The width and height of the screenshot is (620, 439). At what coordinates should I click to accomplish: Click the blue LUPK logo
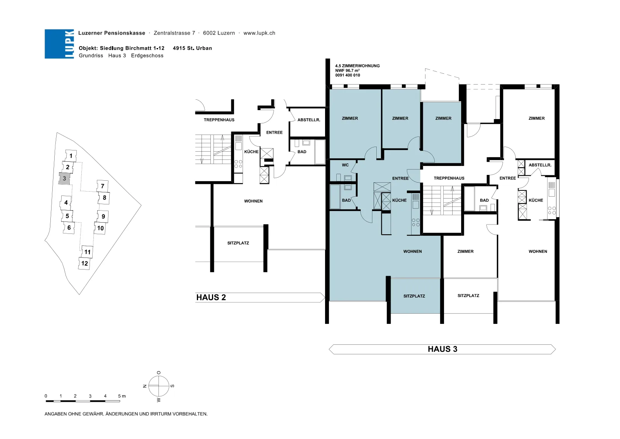[59, 44]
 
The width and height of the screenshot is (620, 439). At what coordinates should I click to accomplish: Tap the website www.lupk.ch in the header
[259, 33]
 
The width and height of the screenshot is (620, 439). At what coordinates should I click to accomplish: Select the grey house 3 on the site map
[64, 178]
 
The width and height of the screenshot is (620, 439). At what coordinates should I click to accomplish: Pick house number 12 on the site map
[84, 263]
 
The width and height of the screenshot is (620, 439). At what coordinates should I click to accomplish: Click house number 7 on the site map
[102, 186]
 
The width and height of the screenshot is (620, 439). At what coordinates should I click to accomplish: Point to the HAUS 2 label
[211, 297]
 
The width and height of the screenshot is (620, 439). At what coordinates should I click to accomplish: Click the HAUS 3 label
[442, 349]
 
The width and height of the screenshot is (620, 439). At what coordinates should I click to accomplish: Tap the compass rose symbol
[158, 386]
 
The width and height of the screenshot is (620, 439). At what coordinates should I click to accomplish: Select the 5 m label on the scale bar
[122, 396]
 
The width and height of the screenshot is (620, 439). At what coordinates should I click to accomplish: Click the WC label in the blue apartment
[345, 165]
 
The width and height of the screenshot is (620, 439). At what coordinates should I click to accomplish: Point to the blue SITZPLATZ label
[414, 296]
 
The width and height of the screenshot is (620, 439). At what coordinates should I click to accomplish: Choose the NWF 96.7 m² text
[347, 71]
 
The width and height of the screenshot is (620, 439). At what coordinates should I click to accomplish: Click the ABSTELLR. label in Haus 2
[308, 120]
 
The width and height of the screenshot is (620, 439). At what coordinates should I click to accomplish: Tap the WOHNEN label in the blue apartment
[412, 251]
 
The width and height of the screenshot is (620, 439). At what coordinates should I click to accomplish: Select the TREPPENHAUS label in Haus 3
[449, 178]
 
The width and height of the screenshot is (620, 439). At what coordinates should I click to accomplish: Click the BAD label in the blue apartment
[346, 200]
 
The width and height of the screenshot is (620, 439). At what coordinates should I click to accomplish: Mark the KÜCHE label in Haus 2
[251, 152]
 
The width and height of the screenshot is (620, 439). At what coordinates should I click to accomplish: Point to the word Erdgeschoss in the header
[147, 56]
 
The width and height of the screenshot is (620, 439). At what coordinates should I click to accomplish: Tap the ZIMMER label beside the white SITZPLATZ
[465, 251]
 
